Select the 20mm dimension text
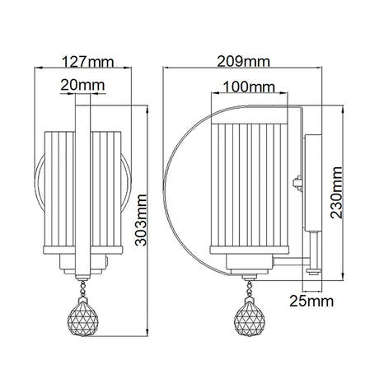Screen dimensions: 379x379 point(82,85)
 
